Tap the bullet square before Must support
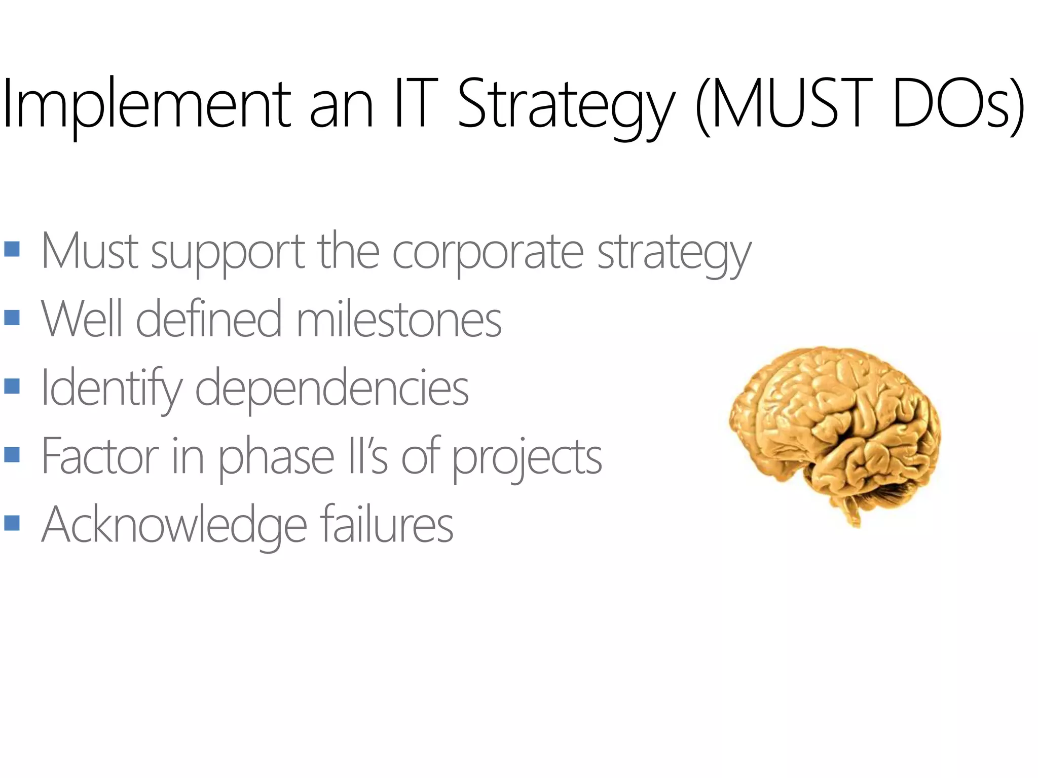pyautogui.click(x=12, y=249)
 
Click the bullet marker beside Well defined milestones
pyautogui.click(x=12, y=318)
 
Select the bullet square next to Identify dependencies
pyautogui.click(x=12, y=386)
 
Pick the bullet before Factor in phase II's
pyautogui.click(x=12, y=454)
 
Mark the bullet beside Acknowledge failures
pyautogui.click(x=12, y=523)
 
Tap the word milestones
pyautogui.click(x=399, y=319)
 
